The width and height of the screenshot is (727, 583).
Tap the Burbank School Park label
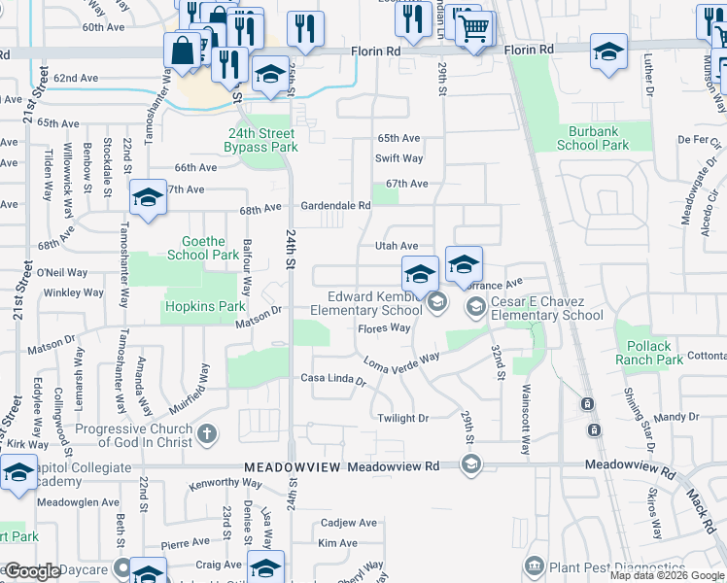click(x=593, y=138)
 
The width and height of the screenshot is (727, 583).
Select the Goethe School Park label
click(x=203, y=248)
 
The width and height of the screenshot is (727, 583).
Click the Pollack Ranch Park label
click(x=649, y=353)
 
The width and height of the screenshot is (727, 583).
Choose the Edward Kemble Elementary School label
click(x=366, y=303)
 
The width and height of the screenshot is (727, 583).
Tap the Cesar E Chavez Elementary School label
click(x=546, y=308)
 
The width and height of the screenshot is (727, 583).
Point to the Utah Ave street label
click(x=397, y=247)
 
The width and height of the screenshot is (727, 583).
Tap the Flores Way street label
click(x=384, y=328)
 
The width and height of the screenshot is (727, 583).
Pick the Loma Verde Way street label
click(x=401, y=361)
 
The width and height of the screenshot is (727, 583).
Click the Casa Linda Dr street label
click(x=332, y=378)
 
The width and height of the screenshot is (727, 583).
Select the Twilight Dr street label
click(x=402, y=418)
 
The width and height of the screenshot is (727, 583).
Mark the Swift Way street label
click(x=399, y=158)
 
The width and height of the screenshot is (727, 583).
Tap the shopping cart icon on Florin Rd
click(x=473, y=30)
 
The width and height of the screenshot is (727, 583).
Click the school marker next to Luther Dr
click(x=608, y=52)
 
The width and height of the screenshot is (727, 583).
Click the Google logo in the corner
click(x=33, y=571)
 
